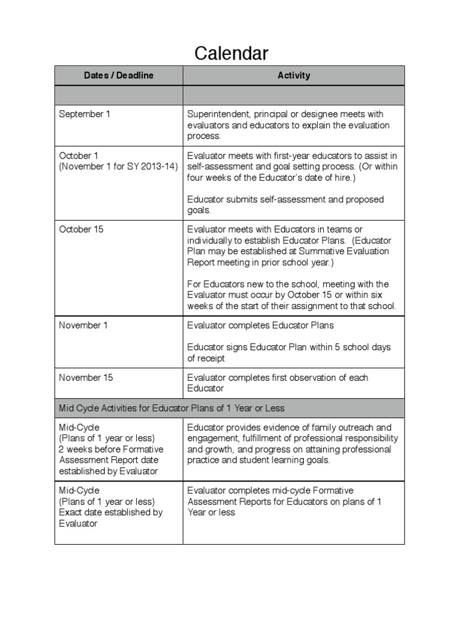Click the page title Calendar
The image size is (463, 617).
click(x=231, y=54)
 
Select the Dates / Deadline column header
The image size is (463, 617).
click(x=119, y=75)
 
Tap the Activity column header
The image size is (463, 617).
click(x=294, y=75)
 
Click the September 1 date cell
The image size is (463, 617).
click(x=84, y=114)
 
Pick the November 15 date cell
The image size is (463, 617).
click(x=86, y=377)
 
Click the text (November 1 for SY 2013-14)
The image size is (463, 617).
click(x=118, y=166)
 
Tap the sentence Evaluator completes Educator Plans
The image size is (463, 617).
click(x=260, y=325)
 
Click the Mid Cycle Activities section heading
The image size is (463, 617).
click(x=172, y=408)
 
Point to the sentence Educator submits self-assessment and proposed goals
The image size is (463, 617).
click(x=285, y=205)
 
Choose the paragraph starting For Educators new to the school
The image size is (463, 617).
click(x=292, y=295)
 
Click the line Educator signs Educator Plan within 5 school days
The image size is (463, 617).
click(x=289, y=352)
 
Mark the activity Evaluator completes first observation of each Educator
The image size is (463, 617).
click(x=277, y=383)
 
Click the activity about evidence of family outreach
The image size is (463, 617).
click(x=292, y=443)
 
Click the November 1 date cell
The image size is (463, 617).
click(x=84, y=325)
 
